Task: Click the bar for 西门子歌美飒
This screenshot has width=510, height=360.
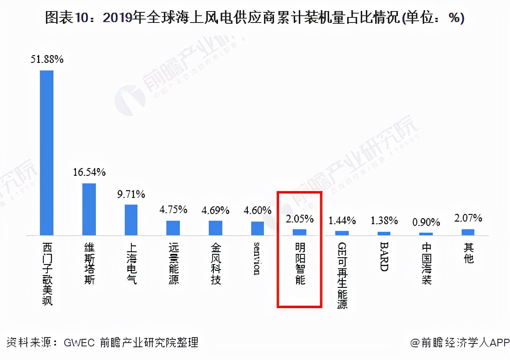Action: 47,152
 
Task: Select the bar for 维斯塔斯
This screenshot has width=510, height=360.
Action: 89,209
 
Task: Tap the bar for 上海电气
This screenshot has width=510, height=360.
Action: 131,219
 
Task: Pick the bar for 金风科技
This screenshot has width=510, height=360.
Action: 216,228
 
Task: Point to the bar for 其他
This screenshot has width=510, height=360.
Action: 468,232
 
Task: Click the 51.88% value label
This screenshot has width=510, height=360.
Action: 47,59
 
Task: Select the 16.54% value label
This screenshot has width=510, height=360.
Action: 89,172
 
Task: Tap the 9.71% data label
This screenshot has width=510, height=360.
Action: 131,194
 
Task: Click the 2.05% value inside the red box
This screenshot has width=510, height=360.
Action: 300,219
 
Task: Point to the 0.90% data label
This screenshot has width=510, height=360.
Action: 426,222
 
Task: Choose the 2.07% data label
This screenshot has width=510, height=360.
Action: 468,219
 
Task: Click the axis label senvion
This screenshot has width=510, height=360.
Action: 257,259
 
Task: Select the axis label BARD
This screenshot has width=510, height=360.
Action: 384,257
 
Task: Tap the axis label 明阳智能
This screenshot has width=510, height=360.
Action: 300,264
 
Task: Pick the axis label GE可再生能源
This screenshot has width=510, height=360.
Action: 342,276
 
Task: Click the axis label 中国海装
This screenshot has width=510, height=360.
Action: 426,264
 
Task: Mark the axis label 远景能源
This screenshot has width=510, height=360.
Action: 174,264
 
